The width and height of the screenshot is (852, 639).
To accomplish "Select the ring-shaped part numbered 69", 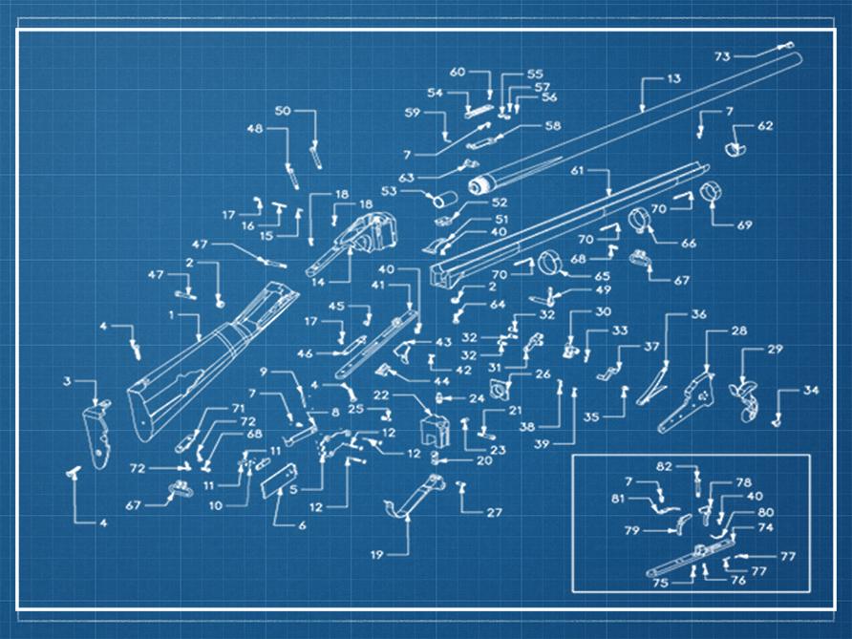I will [712, 193].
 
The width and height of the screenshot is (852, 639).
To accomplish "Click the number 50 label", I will [283, 112].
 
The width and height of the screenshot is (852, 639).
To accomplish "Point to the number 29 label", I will [774, 350].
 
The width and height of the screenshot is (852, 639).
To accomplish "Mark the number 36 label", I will [699, 314].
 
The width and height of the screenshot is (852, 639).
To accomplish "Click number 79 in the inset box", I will [631, 530].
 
